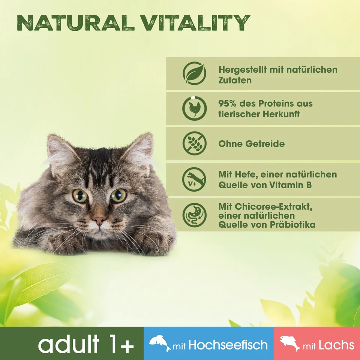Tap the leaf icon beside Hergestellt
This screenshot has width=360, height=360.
(194, 73)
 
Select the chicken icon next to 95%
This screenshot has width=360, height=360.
(194, 108)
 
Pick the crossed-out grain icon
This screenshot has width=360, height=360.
(194, 144)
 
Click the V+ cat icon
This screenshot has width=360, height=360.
(194, 179)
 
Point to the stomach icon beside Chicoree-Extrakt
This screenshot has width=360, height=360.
(194, 215)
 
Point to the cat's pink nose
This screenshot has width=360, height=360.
(99, 220)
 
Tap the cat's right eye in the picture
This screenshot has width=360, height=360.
(119, 195)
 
